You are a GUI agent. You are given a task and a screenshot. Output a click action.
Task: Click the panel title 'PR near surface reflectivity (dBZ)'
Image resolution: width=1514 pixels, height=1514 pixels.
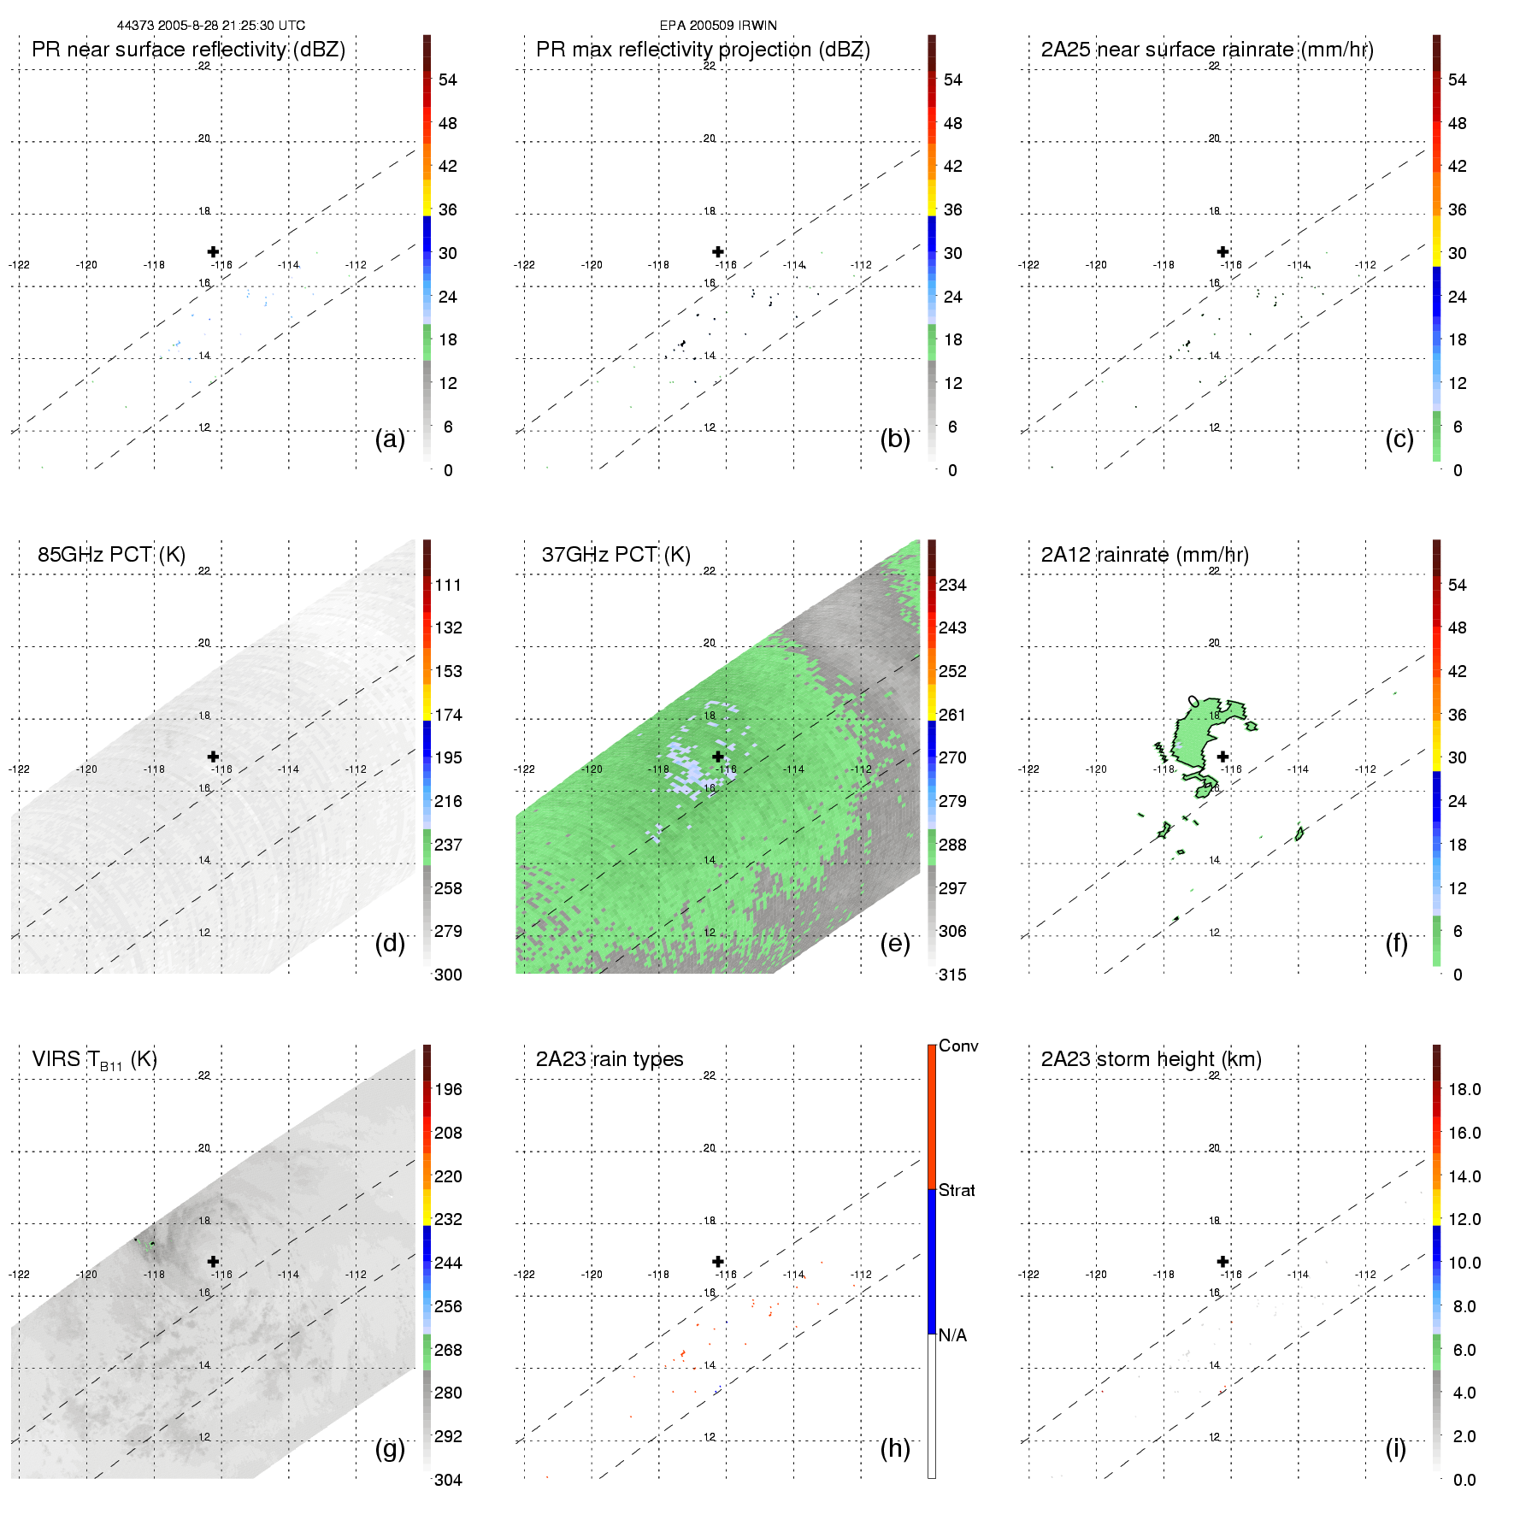tap(188, 50)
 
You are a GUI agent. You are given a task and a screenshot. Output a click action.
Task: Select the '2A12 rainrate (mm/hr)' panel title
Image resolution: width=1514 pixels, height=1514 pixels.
tap(1145, 555)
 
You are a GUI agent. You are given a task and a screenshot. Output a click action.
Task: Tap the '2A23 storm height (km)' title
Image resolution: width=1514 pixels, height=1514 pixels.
tap(1151, 1059)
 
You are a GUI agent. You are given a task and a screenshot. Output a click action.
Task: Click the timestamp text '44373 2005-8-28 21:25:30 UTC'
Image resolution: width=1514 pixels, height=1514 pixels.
tap(211, 26)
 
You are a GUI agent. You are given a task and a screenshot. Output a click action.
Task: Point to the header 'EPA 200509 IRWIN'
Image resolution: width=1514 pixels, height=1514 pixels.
tap(718, 26)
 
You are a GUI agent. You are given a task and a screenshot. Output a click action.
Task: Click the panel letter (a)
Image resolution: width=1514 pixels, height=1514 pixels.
tap(390, 439)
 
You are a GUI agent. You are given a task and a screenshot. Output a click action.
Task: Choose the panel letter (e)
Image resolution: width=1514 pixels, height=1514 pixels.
tap(894, 944)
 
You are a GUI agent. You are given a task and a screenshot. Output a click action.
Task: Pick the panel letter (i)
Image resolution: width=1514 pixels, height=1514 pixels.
tap(1396, 1448)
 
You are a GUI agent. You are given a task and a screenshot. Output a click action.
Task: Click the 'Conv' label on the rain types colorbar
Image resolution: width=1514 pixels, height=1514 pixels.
tap(958, 1046)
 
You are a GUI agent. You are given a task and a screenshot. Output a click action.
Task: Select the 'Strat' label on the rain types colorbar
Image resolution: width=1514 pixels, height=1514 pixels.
tap(957, 1191)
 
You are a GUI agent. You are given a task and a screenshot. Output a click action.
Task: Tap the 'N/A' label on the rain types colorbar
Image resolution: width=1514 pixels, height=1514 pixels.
tap(952, 1335)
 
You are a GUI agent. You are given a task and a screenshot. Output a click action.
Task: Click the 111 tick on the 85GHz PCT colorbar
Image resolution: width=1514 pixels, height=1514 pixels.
tap(448, 586)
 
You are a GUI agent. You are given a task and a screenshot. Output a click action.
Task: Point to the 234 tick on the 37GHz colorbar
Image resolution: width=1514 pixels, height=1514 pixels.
tap(952, 586)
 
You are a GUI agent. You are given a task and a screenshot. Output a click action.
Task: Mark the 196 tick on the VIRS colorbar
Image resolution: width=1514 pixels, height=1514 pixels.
tap(448, 1090)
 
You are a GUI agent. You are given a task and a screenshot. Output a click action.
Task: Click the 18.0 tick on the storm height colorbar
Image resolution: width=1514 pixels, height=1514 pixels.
tap(1464, 1090)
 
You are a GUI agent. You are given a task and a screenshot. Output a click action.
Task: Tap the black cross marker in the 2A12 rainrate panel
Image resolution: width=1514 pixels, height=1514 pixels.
tap(1223, 757)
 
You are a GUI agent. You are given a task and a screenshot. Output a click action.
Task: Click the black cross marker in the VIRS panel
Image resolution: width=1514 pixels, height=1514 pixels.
tap(214, 1261)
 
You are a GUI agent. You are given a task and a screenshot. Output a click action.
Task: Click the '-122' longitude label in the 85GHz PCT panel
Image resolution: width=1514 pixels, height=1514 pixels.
tap(19, 769)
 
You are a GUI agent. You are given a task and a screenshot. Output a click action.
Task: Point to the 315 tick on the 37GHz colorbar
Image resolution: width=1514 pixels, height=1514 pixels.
tap(952, 975)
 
